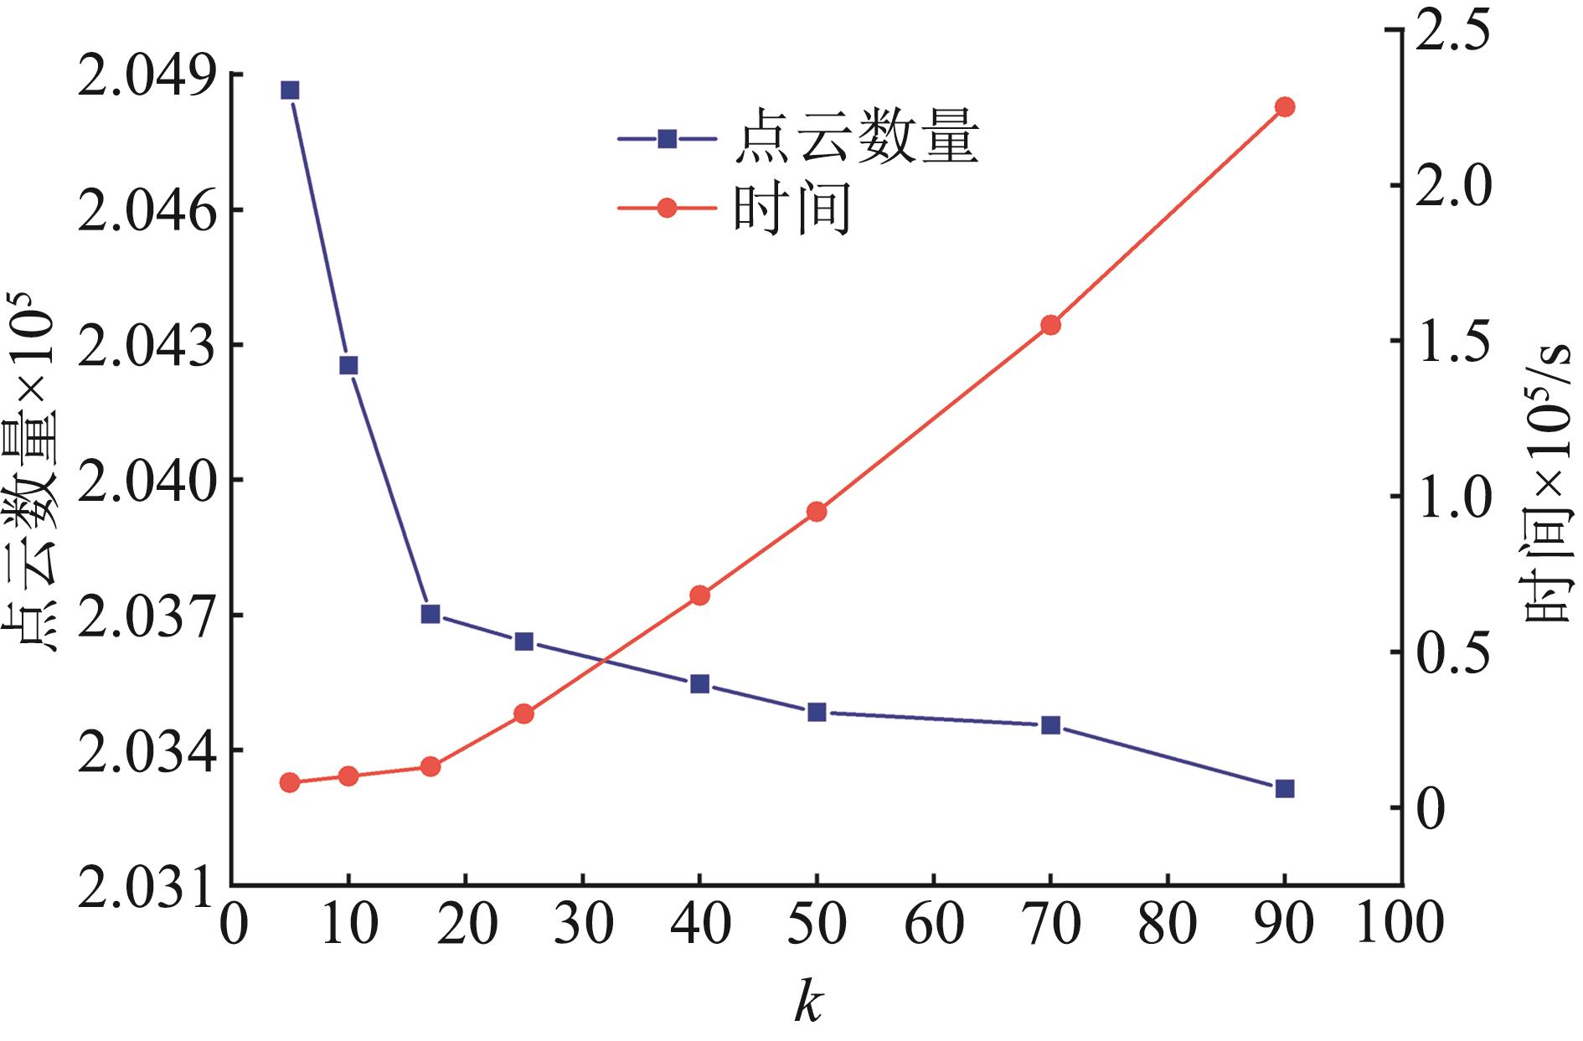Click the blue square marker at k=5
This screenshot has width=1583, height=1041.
coord(290,90)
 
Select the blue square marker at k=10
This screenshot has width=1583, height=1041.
coord(348,365)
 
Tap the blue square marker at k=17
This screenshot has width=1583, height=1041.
coord(431,614)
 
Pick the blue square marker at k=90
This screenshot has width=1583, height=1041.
coord(1285,788)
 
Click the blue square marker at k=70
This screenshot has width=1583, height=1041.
coord(1050,725)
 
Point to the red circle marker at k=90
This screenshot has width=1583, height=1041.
coord(1285,106)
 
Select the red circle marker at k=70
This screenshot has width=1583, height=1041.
coord(1050,325)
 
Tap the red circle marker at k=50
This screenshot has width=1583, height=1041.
coord(817,512)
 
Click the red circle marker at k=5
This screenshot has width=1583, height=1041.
coord(290,783)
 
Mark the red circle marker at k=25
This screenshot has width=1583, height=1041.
coord(524,714)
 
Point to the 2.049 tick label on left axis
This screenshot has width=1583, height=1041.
coord(143,75)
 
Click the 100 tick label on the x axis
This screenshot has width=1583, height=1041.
coord(1400,924)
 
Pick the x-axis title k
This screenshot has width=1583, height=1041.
coord(808,1002)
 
